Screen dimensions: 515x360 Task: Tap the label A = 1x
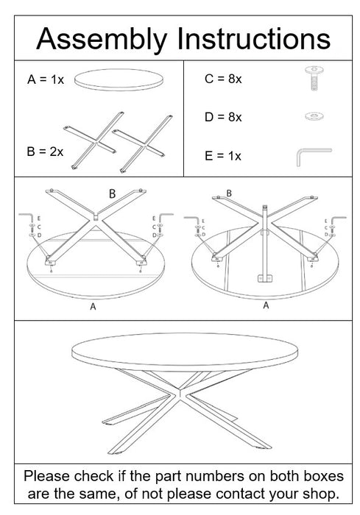[44, 79]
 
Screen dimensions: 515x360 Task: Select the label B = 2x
[45, 152]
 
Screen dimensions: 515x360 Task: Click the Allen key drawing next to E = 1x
[313, 156]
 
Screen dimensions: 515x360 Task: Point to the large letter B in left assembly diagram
[112, 195]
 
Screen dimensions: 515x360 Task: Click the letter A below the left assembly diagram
[93, 308]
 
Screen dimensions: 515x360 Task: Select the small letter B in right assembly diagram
[229, 193]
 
